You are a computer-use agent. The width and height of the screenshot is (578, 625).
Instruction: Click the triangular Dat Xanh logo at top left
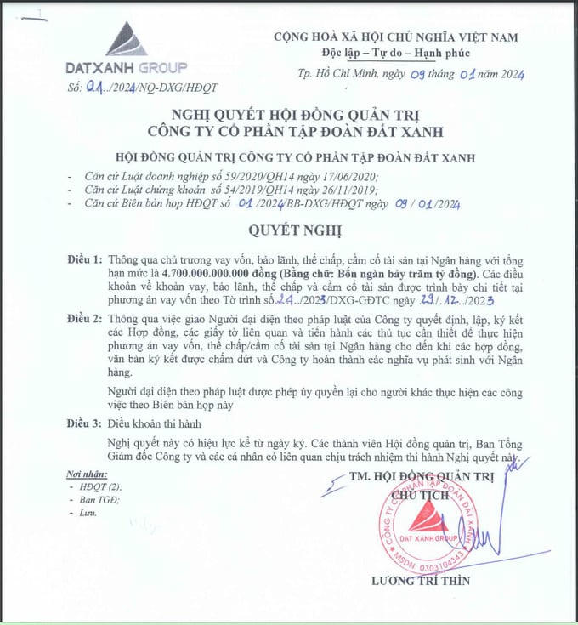pos(126,40)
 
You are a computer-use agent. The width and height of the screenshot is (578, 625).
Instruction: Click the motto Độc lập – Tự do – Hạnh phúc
pos(394,52)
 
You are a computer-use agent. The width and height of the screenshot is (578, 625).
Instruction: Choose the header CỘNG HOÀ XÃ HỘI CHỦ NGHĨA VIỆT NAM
pos(394,37)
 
